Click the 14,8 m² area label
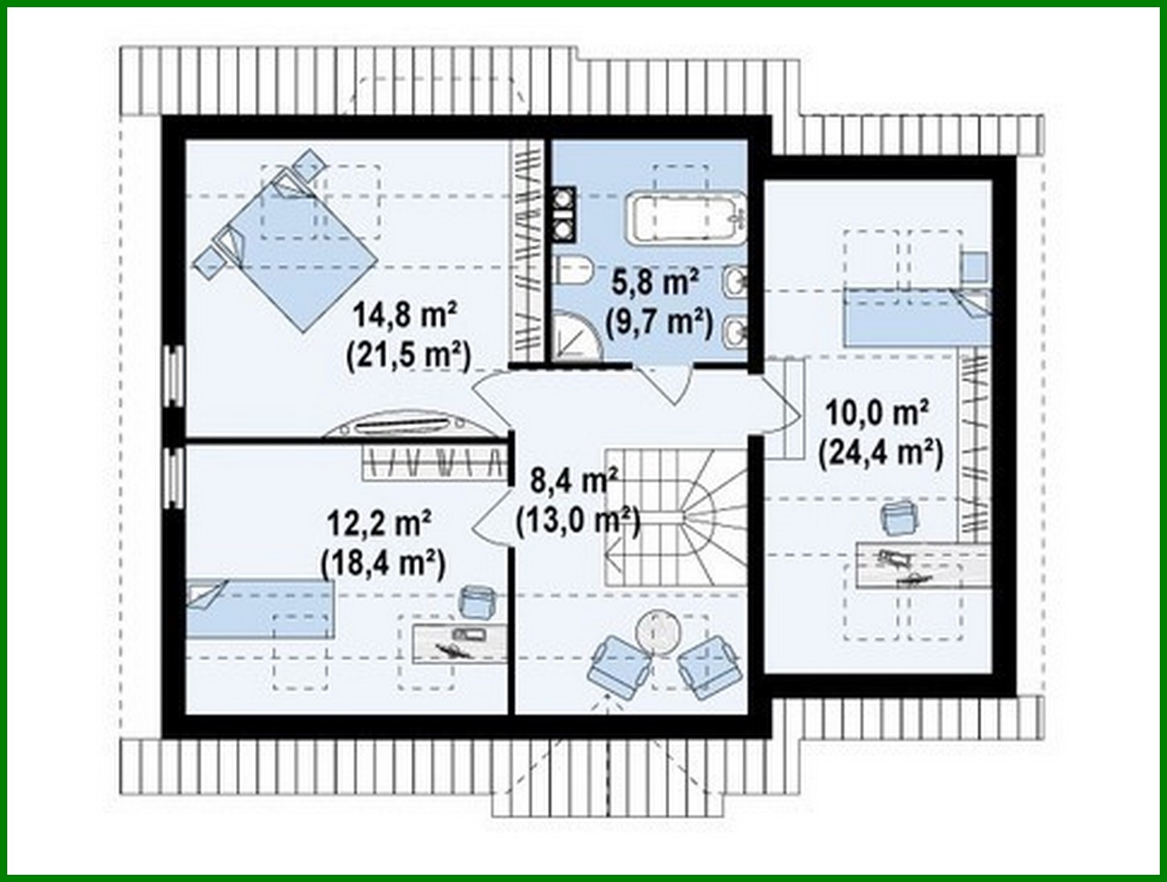click(406, 315)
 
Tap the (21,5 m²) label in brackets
click(408, 354)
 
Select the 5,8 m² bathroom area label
click(655, 282)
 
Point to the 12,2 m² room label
click(379, 524)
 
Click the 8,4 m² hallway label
click(573, 481)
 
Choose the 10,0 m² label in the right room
click(878, 413)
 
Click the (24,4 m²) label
click(880, 453)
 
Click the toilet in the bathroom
click(573, 270)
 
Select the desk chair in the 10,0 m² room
click(898, 517)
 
